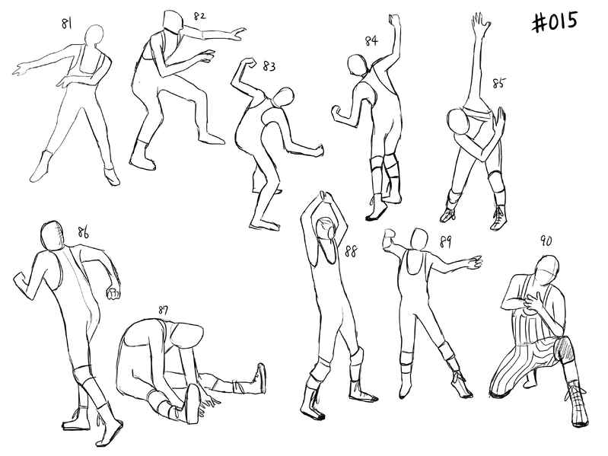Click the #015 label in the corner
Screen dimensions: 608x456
[x=555, y=21]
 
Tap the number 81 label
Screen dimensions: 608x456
[x=67, y=24]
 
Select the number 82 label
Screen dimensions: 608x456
[x=199, y=16]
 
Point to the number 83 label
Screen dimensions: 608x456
[x=269, y=66]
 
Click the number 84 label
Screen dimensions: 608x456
[x=371, y=40]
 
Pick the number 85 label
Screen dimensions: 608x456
[x=499, y=83]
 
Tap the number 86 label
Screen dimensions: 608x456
[x=83, y=233]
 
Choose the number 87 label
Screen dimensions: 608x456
[x=163, y=310]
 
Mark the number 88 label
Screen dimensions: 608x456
[x=351, y=252]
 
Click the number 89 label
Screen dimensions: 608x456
[x=445, y=242]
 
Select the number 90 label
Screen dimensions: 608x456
[x=546, y=241]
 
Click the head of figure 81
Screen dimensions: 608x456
[x=94, y=37]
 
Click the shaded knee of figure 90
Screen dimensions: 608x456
[x=565, y=348]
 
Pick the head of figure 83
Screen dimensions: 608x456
[x=283, y=97]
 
